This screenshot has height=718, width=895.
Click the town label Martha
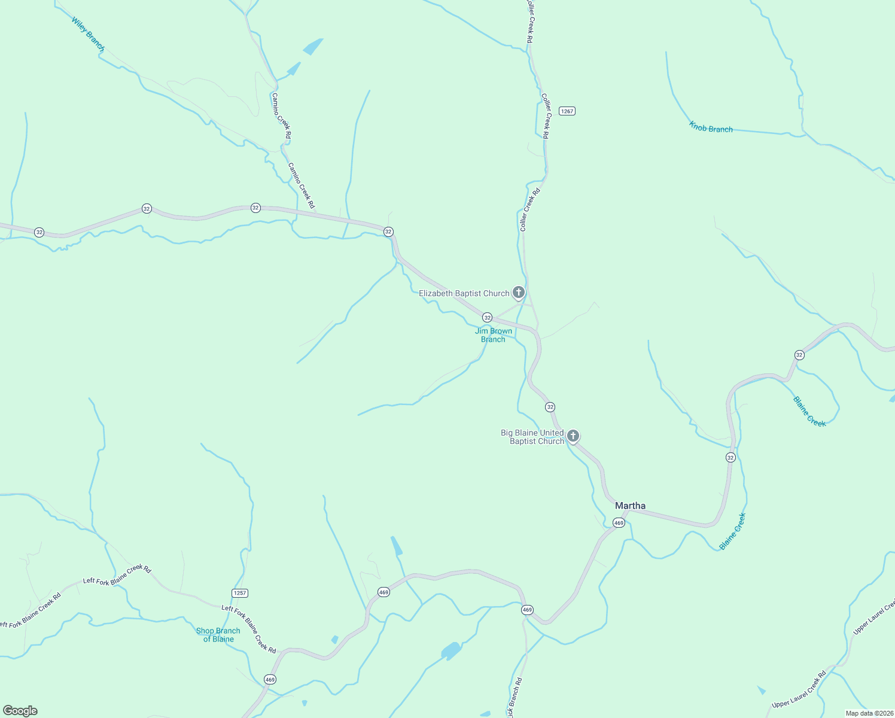[x=630, y=506]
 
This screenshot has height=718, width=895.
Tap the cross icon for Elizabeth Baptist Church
[x=519, y=293]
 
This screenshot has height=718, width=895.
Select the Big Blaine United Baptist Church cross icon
[x=573, y=436]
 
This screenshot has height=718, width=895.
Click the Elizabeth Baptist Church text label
[x=464, y=293]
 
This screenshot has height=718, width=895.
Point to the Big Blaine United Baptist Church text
[x=532, y=437]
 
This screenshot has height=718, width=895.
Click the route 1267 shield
[x=567, y=111]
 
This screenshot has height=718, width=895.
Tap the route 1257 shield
[x=239, y=593]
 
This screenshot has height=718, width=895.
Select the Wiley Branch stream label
[x=88, y=34]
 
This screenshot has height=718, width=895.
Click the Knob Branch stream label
[x=711, y=127]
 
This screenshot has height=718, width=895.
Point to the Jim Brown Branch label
[x=494, y=335]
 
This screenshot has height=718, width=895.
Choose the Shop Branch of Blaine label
[x=218, y=635]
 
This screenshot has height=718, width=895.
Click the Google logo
[x=20, y=711]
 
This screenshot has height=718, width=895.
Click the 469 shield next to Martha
[x=619, y=523]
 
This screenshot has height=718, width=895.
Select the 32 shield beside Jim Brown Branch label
[x=487, y=317]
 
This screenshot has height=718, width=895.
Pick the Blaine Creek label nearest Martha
[x=733, y=531]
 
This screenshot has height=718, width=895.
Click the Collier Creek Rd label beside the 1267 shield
[x=545, y=116]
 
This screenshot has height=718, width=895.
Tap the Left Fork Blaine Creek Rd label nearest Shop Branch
[x=249, y=629]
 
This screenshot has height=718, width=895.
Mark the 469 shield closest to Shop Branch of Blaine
[x=270, y=679]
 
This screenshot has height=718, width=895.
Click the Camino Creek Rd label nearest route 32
[x=302, y=185]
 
